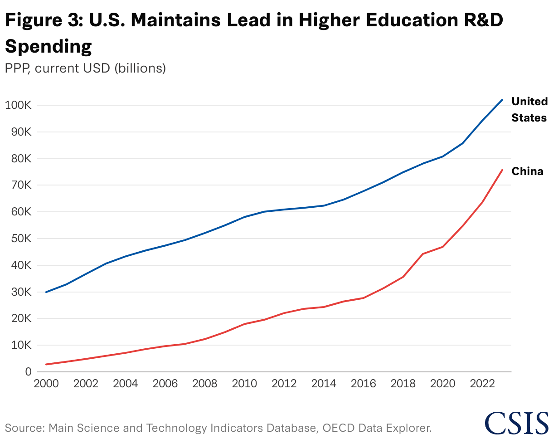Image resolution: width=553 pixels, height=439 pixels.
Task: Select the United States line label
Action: click(x=529, y=109)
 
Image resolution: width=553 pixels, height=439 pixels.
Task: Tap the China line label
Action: click(x=527, y=171)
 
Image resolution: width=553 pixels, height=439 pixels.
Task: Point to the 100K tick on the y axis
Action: click(x=18, y=105)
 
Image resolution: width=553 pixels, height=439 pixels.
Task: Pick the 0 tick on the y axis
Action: click(x=28, y=372)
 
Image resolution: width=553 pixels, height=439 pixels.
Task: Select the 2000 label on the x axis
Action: click(x=46, y=384)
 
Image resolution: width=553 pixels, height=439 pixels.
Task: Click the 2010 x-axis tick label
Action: click(x=244, y=384)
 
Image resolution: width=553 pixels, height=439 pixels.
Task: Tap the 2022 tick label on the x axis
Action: click(x=482, y=384)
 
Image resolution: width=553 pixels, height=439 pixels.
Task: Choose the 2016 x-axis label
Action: click(x=363, y=384)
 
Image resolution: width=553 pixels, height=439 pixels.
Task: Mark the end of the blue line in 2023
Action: click(x=502, y=100)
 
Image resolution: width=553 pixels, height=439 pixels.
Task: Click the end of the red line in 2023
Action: click(x=502, y=170)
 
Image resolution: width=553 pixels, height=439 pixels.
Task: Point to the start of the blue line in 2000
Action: click(x=46, y=292)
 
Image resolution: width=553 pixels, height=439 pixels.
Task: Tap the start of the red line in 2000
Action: click(x=46, y=364)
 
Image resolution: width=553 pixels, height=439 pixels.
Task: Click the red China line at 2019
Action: click(x=422, y=254)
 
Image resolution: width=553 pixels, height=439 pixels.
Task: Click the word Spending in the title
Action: click(x=49, y=46)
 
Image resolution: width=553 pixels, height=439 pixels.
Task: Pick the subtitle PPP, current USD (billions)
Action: click(x=85, y=68)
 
